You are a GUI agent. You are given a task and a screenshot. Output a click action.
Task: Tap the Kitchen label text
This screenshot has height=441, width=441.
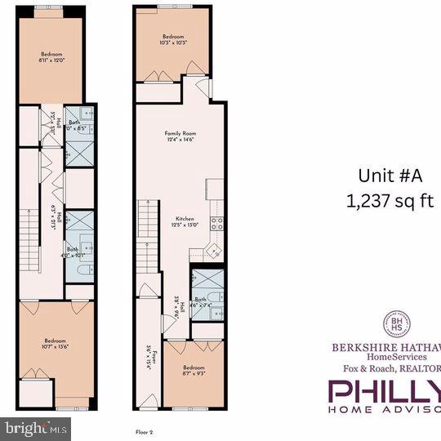(x=184, y=221)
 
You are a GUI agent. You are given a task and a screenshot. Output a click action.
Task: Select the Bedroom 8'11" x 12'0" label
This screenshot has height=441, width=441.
(x=51, y=57)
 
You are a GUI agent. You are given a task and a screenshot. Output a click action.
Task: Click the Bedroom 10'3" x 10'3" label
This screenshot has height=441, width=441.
(x=173, y=39)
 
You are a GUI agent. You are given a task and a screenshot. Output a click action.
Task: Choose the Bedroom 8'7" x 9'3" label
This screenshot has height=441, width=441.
(x=194, y=371)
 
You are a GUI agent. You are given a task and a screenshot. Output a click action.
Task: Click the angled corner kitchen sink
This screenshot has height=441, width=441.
(x=214, y=251)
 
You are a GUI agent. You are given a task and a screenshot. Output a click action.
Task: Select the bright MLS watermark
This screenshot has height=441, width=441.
(x=36, y=427)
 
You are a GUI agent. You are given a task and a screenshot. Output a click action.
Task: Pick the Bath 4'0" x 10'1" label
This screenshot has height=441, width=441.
(x=73, y=252)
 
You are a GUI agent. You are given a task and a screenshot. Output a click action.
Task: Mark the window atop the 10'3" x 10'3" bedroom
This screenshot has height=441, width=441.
(x=173, y=7)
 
